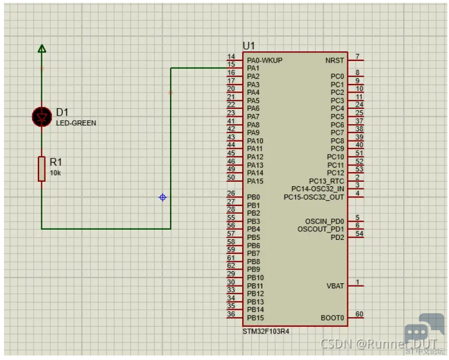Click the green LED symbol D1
pyautogui.click(x=42, y=117)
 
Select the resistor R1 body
pyautogui.click(x=42, y=169)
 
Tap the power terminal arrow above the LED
pyautogui.click(x=42, y=49)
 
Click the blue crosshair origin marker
pyautogui.click(x=163, y=197)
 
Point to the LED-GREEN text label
pyautogui.click(x=76, y=123)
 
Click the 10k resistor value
pyautogui.click(x=55, y=173)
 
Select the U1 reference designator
pyautogui.click(x=249, y=46)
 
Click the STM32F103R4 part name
pyautogui.click(x=266, y=331)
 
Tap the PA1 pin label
pyautogui.click(x=253, y=68)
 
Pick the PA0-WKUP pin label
pyautogui.click(x=264, y=60)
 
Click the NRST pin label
pyautogui.click(x=334, y=60)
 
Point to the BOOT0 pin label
pyautogui.click(x=332, y=318)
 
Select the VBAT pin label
pyautogui.click(x=335, y=286)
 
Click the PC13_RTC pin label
pyautogui.click(x=326, y=181)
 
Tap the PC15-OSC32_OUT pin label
pyautogui.click(x=314, y=197)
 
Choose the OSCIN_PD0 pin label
pyautogui.click(x=324, y=222)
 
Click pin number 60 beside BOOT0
pyautogui.click(x=359, y=314)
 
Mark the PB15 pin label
pyautogui.click(x=255, y=318)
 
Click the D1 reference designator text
pyautogui.click(x=62, y=112)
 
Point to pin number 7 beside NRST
pyautogui.click(x=358, y=56)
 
